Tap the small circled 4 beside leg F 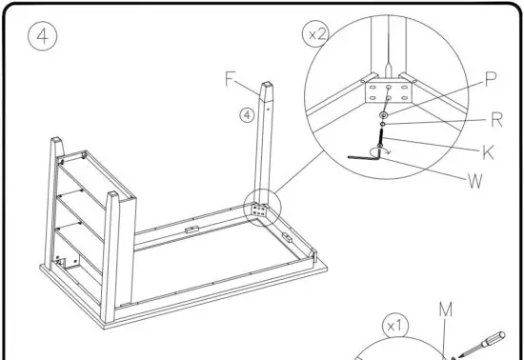pos(246,115)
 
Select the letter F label pos(230,80)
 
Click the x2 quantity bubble pos(316,34)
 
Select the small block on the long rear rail pos(191,230)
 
